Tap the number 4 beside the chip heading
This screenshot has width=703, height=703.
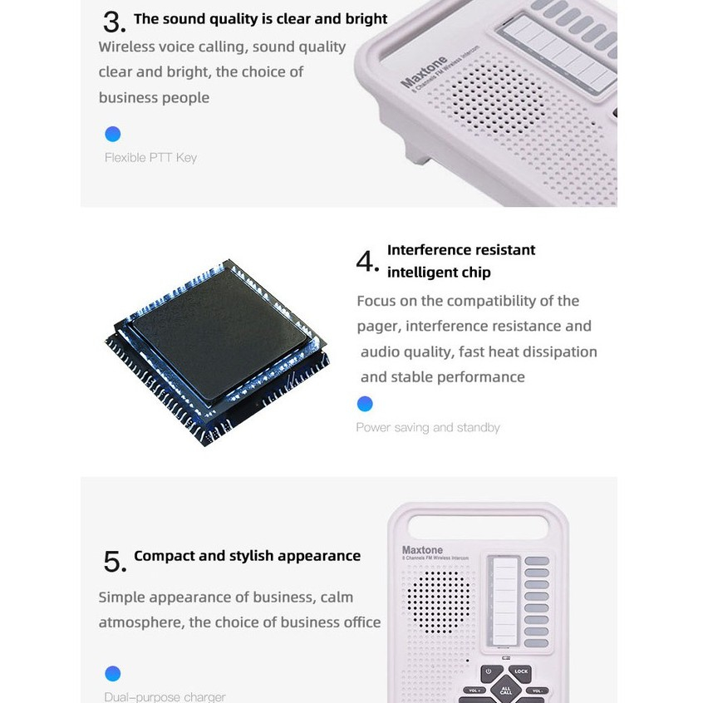[x=366, y=262]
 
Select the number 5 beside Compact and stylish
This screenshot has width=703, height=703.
[x=114, y=562]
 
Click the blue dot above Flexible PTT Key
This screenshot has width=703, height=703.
[x=113, y=134]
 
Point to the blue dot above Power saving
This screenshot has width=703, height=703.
[x=364, y=404]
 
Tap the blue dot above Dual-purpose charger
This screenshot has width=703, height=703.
[x=113, y=673]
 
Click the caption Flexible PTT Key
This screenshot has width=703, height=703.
[x=150, y=157]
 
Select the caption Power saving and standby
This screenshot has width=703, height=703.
[x=428, y=427]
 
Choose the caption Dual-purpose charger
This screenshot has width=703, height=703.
[x=165, y=696]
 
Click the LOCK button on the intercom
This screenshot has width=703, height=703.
[x=521, y=671]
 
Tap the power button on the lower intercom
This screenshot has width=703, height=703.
[x=489, y=671]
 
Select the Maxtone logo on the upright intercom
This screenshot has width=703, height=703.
[x=423, y=549]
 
